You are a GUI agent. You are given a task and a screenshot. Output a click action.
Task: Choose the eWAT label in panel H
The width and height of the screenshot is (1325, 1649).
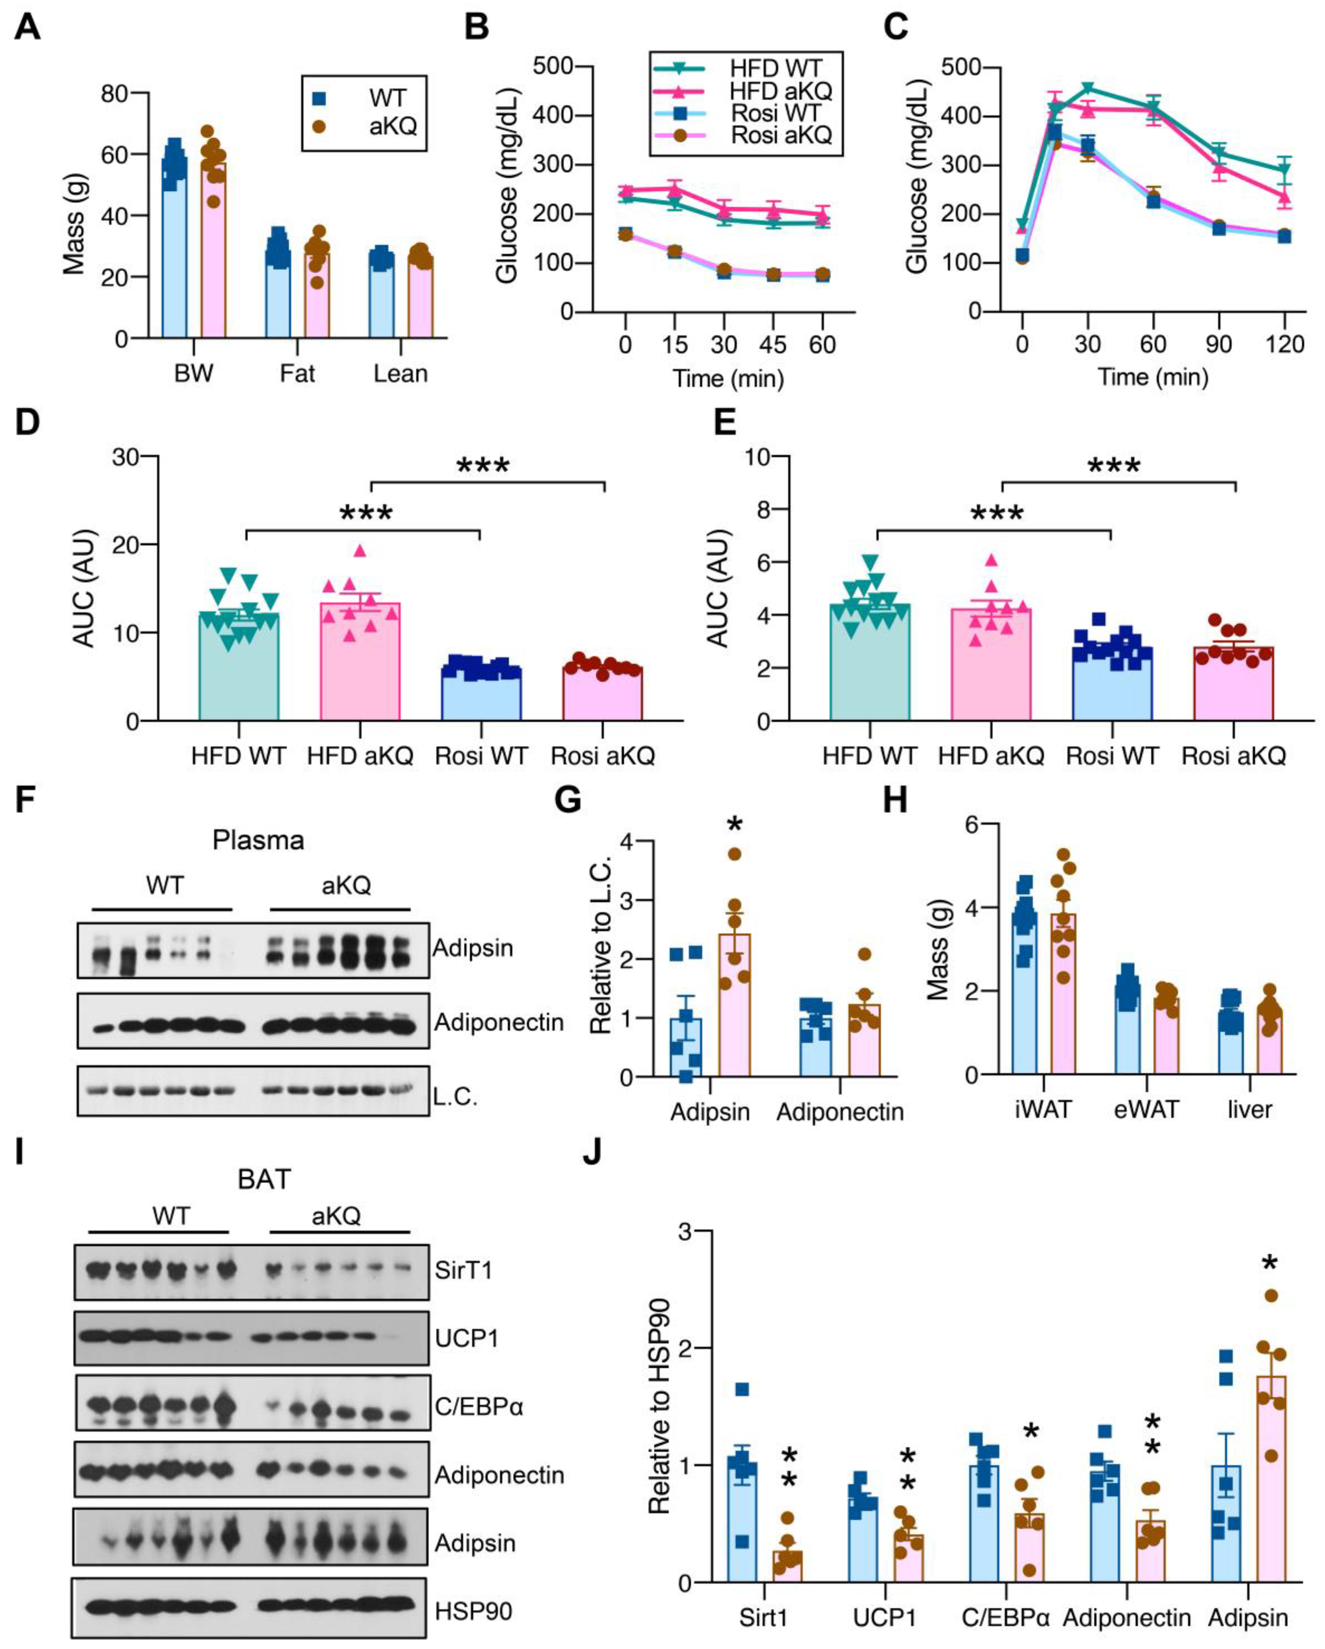pos(1145,1109)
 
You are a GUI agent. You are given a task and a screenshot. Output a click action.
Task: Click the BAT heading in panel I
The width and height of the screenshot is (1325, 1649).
pos(264,1178)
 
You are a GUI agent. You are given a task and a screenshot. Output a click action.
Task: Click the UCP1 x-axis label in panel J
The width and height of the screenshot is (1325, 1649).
pos(884,1618)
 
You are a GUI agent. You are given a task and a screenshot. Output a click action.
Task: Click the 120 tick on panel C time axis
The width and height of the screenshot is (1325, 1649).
pos(1284,344)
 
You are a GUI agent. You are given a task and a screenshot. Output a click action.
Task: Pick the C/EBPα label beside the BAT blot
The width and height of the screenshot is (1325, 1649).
pos(479,1406)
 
